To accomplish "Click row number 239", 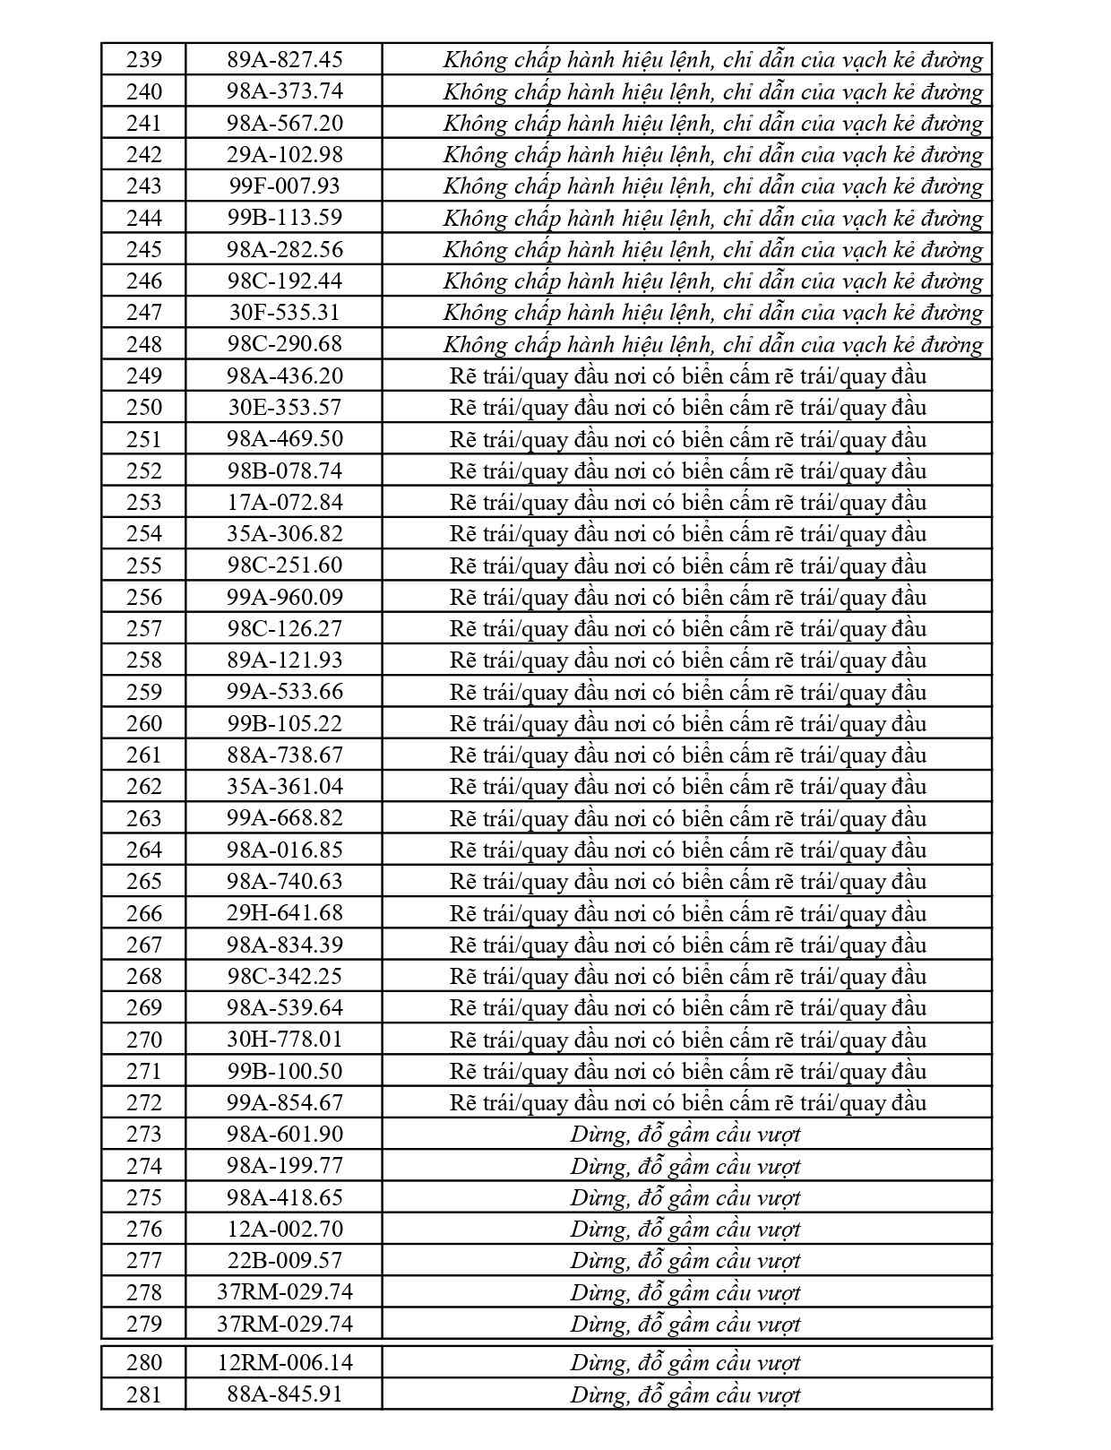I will pyautogui.click(x=144, y=60).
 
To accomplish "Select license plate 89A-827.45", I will pyautogui.click(x=285, y=60).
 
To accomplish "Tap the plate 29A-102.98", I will pyautogui.click(x=285, y=154).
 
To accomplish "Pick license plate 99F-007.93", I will pyautogui.click(x=285, y=186).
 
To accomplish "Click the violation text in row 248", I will pyautogui.click(x=713, y=344).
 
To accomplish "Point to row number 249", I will pyautogui.click(x=144, y=375).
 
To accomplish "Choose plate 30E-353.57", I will pyautogui.click(x=285, y=407).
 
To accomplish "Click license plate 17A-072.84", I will pyautogui.click(x=285, y=502).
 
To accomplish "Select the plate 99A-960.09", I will pyautogui.click(x=285, y=597).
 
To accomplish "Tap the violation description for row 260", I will pyautogui.click(x=688, y=723).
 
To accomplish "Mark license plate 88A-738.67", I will pyautogui.click(x=285, y=755).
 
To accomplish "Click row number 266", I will pyautogui.click(x=144, y=912).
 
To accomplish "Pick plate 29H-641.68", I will pyautogui.click(x=285, y=912).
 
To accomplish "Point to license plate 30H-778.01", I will pyautogui.click(x=285, y=1039).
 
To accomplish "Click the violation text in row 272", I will pyautogui.click(x=688, y=1102).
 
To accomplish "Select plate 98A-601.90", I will pyautogui.click(x=285, y=1134).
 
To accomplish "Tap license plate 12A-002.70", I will pyautogui.click(x=285, y=1229).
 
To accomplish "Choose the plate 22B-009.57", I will pyautogui.click(x=285, y=1260).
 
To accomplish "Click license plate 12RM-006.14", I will pyautogui.click(x=285, y=1362).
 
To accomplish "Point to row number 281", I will pyautogui.click(x=144, y=1394).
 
